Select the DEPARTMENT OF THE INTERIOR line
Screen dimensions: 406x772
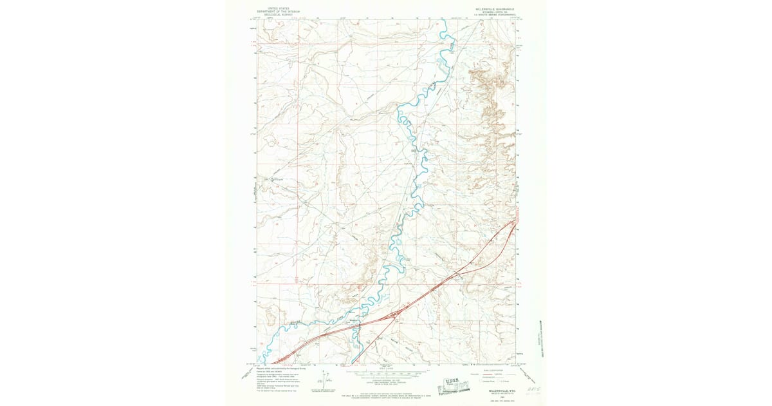tap(273, 12)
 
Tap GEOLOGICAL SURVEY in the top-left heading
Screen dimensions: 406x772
tap(273, 15)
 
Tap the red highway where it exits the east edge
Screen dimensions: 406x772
tap(517, 220)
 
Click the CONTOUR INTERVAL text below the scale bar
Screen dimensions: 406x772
tap(386, 380)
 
